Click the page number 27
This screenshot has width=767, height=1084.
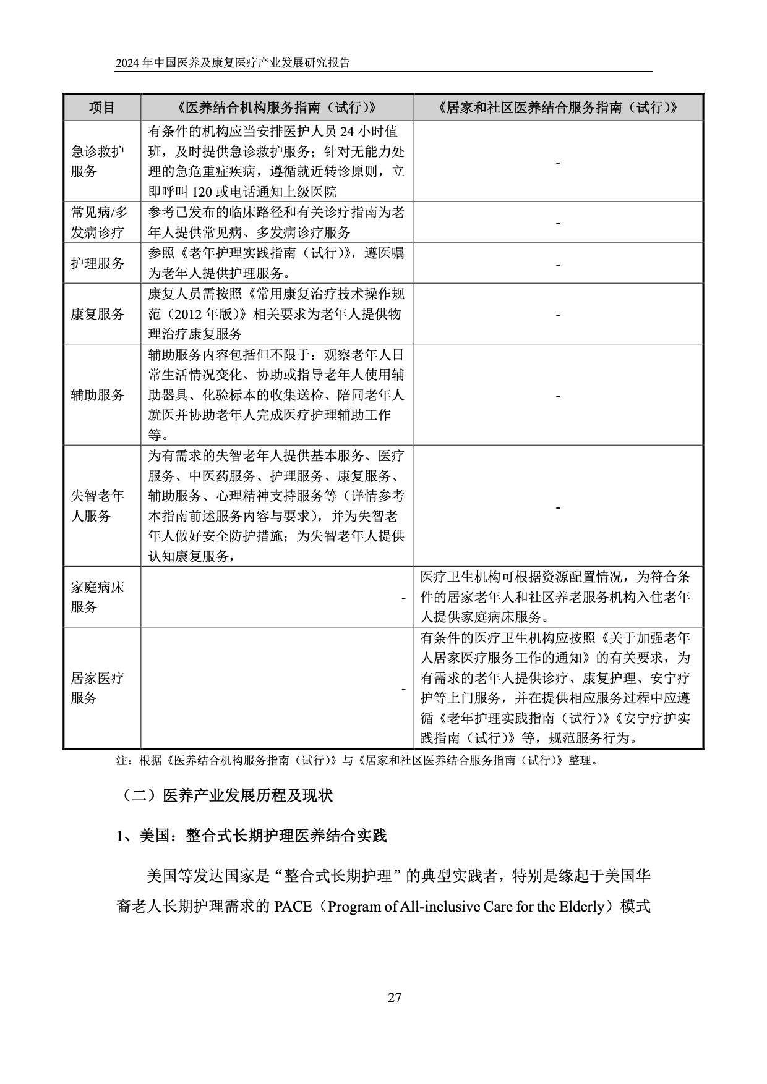(x=395, y=997)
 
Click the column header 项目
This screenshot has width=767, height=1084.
(x=102, y=108)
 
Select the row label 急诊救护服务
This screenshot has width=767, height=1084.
(x=97, y=161)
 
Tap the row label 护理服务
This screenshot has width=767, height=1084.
(x=97, y=263)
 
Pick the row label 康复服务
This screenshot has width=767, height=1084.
(x=97, y=314)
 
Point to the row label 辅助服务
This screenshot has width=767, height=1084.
(x=97, y=395)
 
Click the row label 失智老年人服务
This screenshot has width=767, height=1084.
(x=97, y=506)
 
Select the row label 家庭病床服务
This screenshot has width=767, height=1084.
(x=97, y=597)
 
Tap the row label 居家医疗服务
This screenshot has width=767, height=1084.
(x=97, y=688)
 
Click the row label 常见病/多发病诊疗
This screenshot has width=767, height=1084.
(x=99, y=222)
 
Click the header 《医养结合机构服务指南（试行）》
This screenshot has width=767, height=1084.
(x=276, y=108)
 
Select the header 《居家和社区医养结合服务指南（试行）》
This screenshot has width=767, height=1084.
(x=557, y=108)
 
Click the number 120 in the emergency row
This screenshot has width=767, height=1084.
(x=202, y=192)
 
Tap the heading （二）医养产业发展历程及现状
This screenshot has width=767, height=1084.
(x=225, y=795)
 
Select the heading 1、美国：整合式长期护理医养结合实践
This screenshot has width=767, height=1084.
(x=251, y=836)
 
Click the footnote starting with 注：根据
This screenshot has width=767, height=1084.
(x=358, y=761)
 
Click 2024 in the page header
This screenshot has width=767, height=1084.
(x=128, y=63)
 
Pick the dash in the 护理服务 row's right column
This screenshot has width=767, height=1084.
(x=558, y=265)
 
